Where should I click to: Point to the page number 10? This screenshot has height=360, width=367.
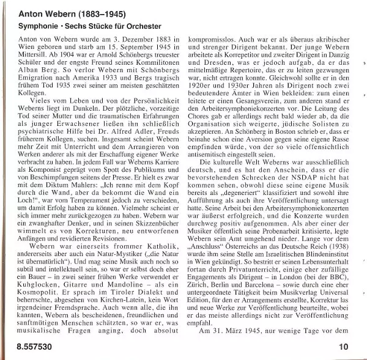coord(343,347)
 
